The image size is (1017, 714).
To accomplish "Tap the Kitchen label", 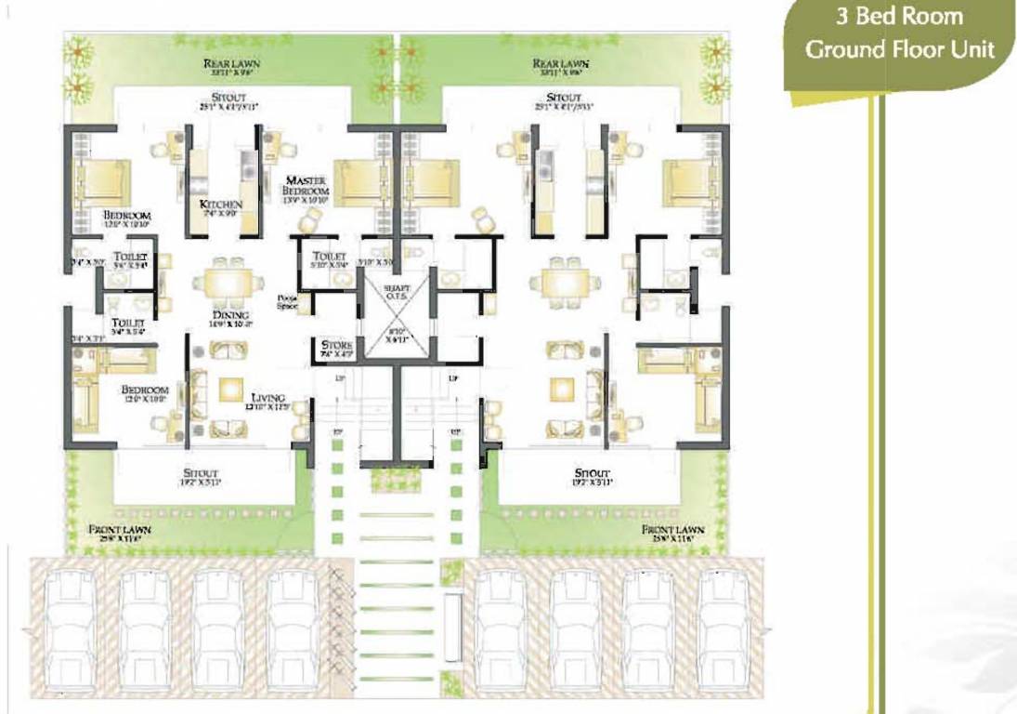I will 221,204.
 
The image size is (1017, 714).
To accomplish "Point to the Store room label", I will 335,345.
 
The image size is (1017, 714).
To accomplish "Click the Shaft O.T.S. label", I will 397,293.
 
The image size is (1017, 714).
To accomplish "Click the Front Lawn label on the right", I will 673,529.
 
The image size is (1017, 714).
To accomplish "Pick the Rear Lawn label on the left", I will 232,64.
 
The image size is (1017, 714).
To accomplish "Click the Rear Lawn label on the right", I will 560,64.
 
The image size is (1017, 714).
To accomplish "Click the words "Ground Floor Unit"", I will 899,49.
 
